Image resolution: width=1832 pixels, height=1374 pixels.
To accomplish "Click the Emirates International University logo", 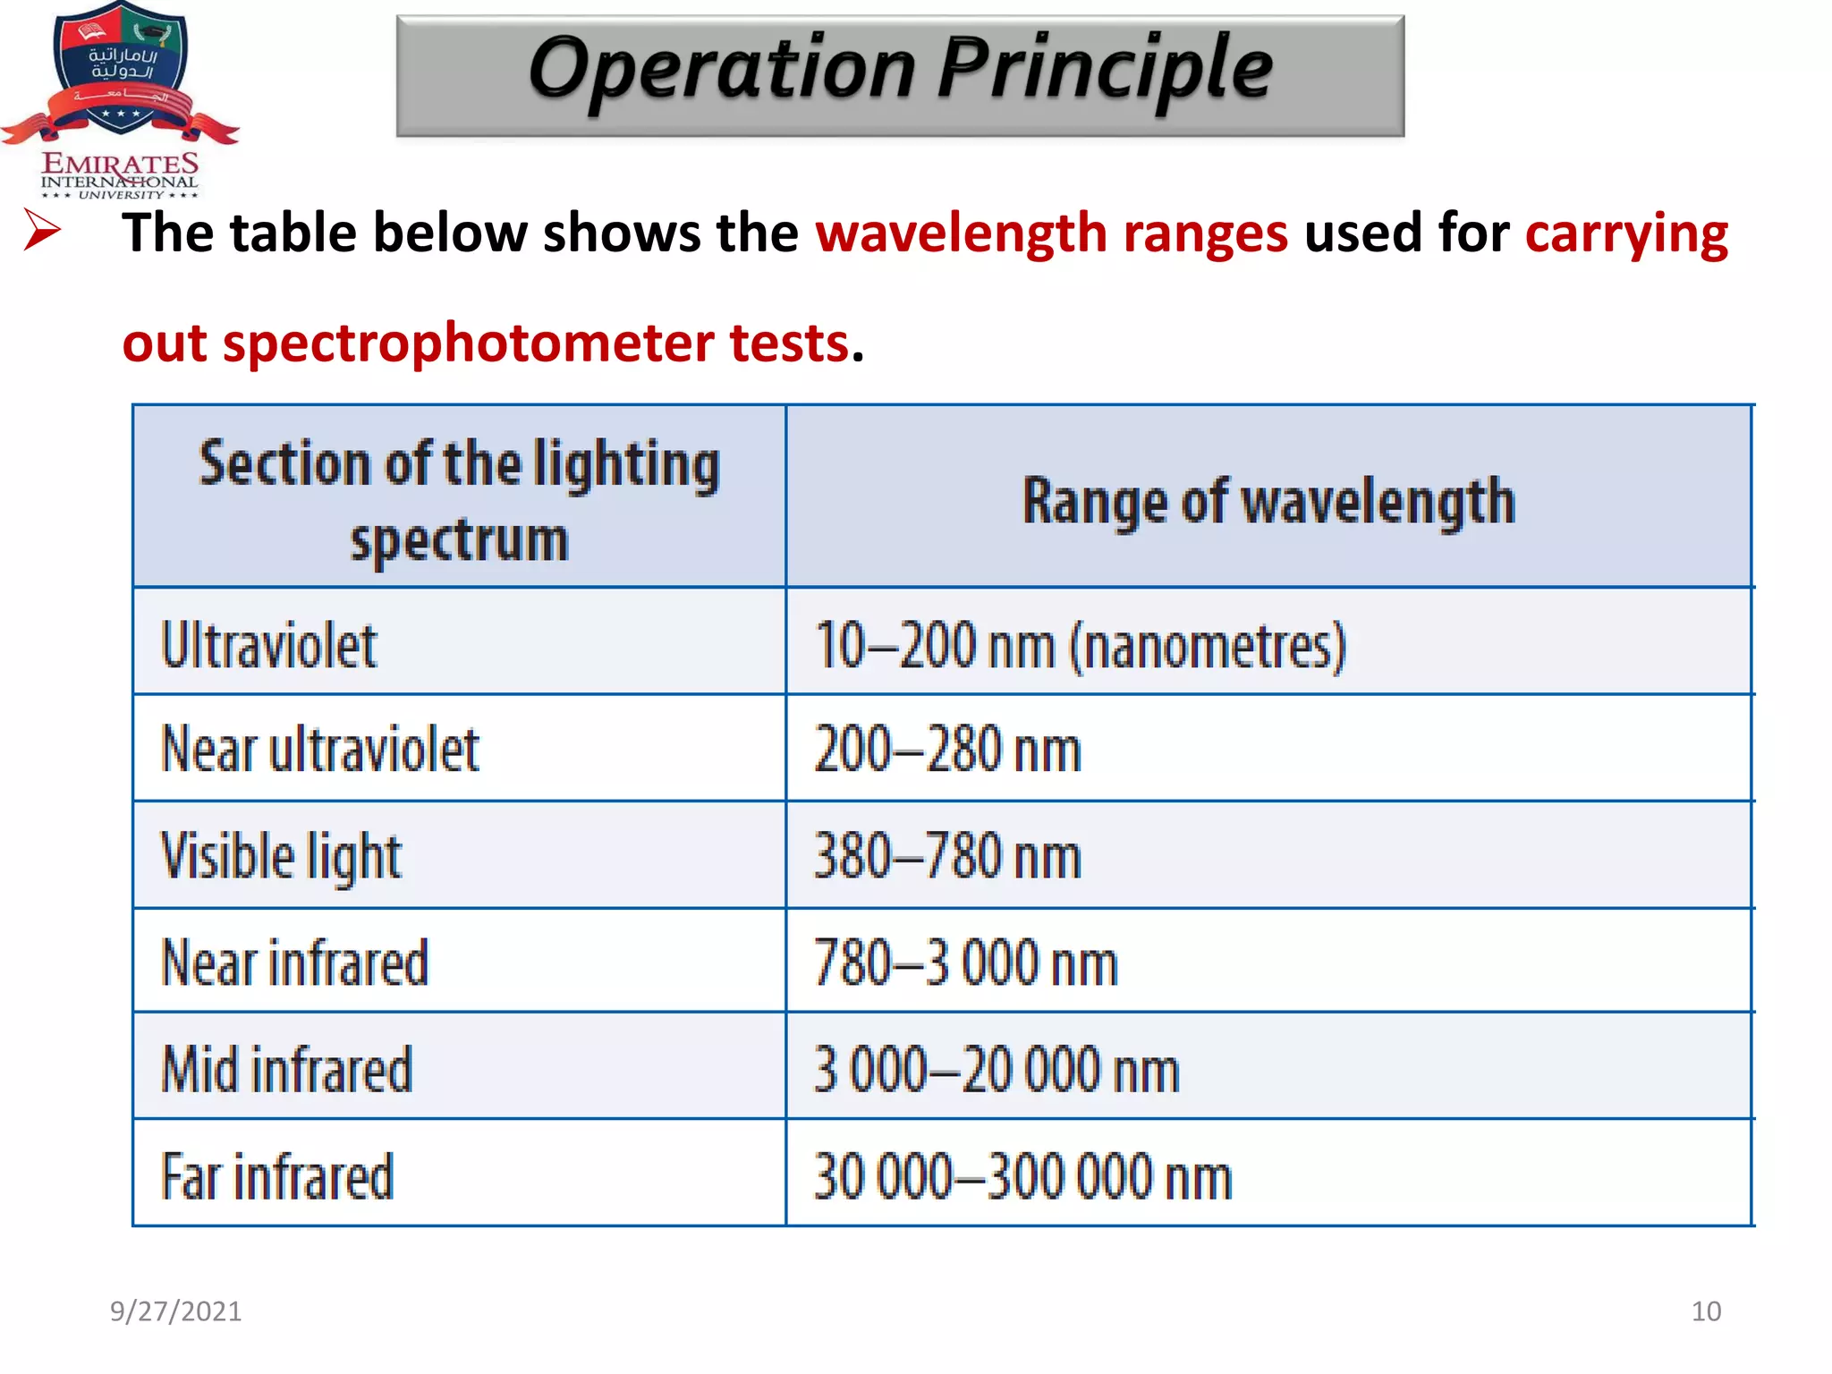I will point(120,99).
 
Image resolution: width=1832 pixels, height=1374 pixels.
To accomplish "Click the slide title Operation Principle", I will point(900,71).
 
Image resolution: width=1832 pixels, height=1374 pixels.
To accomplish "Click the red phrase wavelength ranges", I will point(1051,233).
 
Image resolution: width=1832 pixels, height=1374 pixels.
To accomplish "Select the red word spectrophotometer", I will point(468,343).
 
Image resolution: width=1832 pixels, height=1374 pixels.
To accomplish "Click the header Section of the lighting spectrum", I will point(459,500).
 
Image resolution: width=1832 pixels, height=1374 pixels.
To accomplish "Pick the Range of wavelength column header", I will point(1268,501).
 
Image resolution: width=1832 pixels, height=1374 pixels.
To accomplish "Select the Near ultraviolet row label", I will point(319,749).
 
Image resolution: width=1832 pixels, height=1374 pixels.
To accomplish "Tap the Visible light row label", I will point(281,857).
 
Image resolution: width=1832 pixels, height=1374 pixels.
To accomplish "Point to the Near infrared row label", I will point(294,963).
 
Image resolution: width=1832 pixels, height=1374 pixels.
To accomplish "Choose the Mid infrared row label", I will point(286,1069).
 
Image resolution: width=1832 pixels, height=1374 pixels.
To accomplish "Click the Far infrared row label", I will point(276,1176).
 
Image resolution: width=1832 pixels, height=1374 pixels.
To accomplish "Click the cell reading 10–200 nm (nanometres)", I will point(1080,645).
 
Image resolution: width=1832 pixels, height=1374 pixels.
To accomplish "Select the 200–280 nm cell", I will point(947,750).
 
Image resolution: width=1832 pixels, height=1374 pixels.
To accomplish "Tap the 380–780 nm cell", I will point(947,856).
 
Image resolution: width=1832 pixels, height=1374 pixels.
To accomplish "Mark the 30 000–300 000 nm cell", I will point(1022,1176).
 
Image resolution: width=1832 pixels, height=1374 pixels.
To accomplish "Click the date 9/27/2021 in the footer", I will point(175,1310).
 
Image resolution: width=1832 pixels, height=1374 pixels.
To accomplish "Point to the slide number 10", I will point(1706,1311).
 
